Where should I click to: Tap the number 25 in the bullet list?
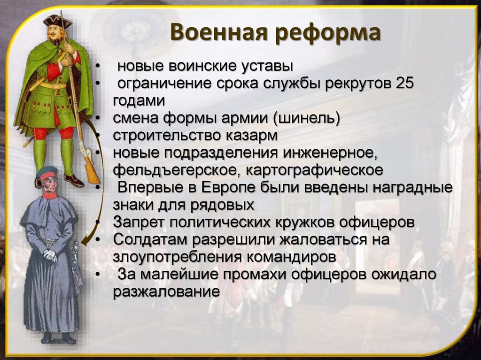click(404, 83)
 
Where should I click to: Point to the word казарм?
click(252, 136)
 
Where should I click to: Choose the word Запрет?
click(139, 222)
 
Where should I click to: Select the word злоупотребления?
click(177, 257)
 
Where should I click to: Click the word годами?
click(139, 101)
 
